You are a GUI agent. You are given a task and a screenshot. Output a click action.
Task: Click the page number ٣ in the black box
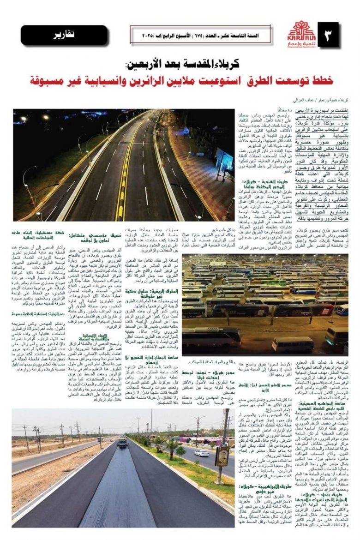click(x=328, y=35)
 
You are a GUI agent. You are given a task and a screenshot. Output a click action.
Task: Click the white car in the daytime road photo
click(x=201, y=453)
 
